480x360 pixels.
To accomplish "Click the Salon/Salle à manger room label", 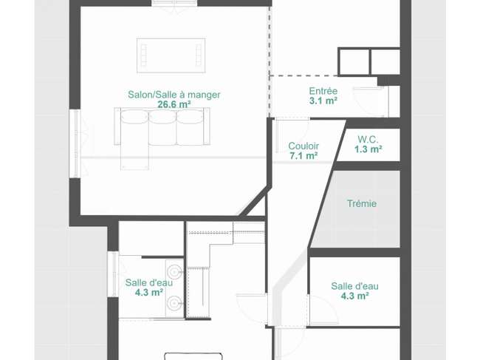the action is pyautogui.click(x=174, y=95).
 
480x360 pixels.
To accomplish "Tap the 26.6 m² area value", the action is pyautogui.click(x=174, y=104).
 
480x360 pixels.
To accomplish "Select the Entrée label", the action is pyautogui.click(x=323, y=91).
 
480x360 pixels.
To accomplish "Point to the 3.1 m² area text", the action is pyautogui.click(x=323, y=101).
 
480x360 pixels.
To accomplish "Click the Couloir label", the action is pyautogui.click(x=304, y=146).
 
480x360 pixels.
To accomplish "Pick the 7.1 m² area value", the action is pyautogui.click(x=304, y=156).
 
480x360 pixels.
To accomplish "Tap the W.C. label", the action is pyautogui.click(x=368, y=140).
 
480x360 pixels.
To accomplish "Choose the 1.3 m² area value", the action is pyautogui.click(x=368, y=149).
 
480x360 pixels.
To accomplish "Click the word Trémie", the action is pyautogui.click(x=362, y=203).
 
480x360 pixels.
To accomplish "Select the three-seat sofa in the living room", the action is pyautogui.click(x=162, y=126).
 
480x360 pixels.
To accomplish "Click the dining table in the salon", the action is pyautogui.click(x=171, y=55).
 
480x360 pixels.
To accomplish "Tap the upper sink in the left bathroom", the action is pyautogui.click(x=175, y=271).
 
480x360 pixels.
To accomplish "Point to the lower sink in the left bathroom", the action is pyautogui.click(x=175, y=302).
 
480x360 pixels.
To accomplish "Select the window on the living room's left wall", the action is pyautogui.click(x=75, y=143).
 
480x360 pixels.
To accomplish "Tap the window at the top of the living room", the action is pyautogui.click(x=174, y=3).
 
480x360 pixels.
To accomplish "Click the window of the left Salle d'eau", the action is pyautogui.click(x=113, y=274).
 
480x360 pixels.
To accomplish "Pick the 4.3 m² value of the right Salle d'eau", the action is pyautogui.click(x=354, y=296).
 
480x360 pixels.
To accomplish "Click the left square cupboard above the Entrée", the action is pyautogui.click(x=354, y=61).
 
